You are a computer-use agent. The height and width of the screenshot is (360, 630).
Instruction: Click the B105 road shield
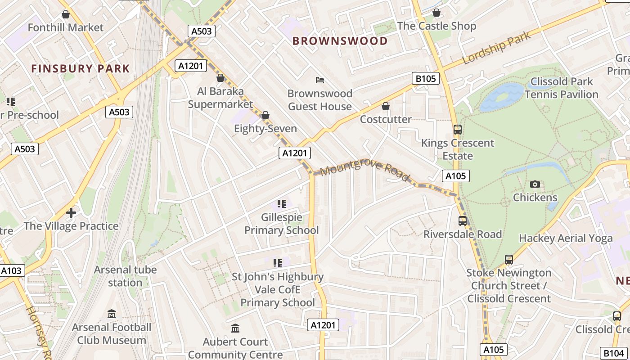click(x=425, y=79)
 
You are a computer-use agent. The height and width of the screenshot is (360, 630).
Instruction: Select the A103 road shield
click(x=11, y=270)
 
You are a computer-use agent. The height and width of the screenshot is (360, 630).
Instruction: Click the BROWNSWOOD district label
click(x=340, y=41)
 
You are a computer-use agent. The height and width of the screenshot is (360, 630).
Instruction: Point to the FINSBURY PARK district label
click(x=81, y=69)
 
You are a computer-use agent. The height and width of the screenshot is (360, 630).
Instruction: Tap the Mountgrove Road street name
click(x=364, y=170)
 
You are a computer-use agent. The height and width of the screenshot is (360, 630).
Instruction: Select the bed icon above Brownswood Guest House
click(x=320, y=81)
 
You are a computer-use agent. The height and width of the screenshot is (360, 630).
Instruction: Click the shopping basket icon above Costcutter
click(x=386, y=106)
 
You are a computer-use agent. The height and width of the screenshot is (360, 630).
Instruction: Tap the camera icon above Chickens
click(x=535, y=184)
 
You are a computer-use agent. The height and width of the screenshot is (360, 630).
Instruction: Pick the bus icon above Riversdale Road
click(x=462, y=221)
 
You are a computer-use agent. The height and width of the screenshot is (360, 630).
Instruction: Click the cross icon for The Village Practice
click(x=71, y=213)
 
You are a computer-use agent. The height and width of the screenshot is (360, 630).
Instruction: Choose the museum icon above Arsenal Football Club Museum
click(x=111, y=314)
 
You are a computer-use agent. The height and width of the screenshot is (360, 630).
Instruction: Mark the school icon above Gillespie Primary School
click(x=282, y=204)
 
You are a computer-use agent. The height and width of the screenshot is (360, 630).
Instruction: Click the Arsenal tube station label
click(x=125, y=276)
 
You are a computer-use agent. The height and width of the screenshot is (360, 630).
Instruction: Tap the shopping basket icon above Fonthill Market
click(x=66, y=14)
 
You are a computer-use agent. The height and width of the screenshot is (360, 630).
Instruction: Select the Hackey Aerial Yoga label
click(x=566, y=238)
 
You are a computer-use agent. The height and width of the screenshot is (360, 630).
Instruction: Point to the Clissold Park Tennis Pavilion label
click(x=562, y=88)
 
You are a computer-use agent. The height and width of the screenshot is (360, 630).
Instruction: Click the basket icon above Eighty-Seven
click(x=265, y=115)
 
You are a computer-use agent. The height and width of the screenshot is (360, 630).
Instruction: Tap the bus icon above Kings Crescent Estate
click(x=457, y=130)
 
